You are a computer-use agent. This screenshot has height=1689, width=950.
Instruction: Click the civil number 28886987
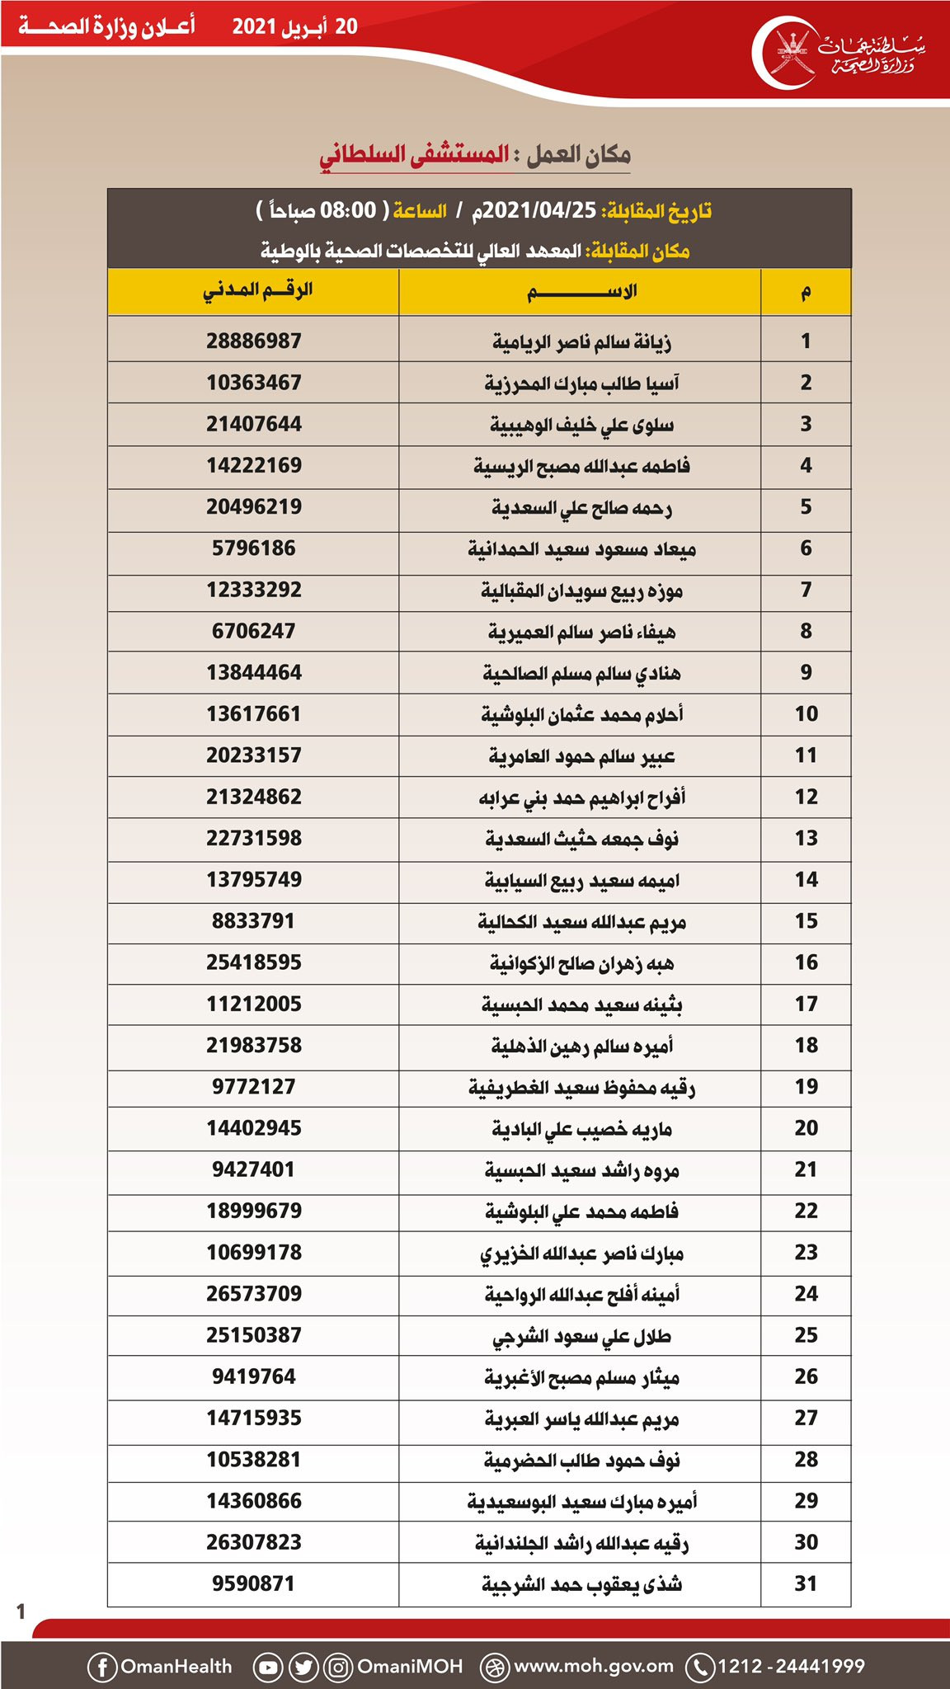click(x=254, y=341)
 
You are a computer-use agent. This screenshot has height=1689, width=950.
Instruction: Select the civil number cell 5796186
click(x=254, y=548)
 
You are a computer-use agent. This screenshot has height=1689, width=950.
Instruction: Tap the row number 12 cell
click(x=806, y=797)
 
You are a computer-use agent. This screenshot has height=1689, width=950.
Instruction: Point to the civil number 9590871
click(x=254, y=1583)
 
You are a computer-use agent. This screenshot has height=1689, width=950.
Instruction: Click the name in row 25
click(x=581, y=1336)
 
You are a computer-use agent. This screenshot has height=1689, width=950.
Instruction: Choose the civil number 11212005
click(x=254, y=1004)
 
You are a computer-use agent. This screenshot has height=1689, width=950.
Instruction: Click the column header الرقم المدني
click(x=257, y=290)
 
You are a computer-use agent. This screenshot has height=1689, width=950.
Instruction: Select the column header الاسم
click(x=581, y=291)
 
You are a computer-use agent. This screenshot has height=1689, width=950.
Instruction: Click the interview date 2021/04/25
click(x=539, y=210)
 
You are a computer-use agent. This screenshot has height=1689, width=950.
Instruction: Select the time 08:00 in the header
click(x=348, y=210)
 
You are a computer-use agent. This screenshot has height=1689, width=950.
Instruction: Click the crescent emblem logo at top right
click(x=784, y=54)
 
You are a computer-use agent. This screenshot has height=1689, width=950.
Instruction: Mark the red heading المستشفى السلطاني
click(x=414, y=155)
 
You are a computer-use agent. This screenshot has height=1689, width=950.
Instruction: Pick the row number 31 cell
click(x=806, y=1583)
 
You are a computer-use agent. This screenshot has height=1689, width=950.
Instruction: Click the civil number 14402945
click(x=254, y=1127)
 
